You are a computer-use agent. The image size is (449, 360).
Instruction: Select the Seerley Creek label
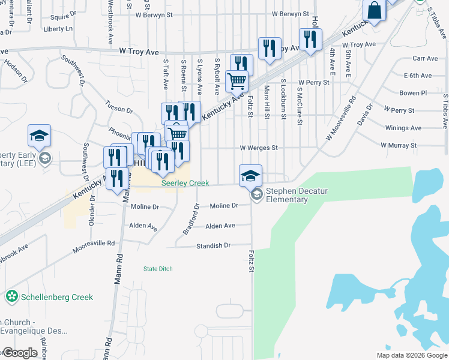[185, 184]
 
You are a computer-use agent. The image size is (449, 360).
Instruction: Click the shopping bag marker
[374, 10]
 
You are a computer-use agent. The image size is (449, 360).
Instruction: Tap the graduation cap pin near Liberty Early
[39, 136]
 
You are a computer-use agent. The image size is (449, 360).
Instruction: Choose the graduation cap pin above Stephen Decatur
[250, 175]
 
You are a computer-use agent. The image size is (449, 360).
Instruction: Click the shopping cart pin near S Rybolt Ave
[237, 80]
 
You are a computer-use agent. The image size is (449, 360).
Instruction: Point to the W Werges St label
[259, 148]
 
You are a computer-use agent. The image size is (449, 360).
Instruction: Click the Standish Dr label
[214, 246]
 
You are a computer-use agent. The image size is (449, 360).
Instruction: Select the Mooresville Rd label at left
[94, 244]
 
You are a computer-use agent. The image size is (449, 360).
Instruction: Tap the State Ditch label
[158, 269]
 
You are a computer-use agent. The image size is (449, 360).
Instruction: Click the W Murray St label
[398, 146]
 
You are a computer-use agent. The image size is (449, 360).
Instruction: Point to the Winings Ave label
[403, 128]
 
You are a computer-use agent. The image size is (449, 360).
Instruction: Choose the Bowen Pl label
[413, 93]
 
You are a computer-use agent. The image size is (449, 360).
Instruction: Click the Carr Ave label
[425, 58]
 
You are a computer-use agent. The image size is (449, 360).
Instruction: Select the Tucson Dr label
[119, 110]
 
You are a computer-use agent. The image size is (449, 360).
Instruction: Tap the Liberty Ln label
[58, 29]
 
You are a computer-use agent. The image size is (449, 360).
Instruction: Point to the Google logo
[19, 353]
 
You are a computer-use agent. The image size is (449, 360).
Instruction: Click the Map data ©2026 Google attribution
[411, 355]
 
